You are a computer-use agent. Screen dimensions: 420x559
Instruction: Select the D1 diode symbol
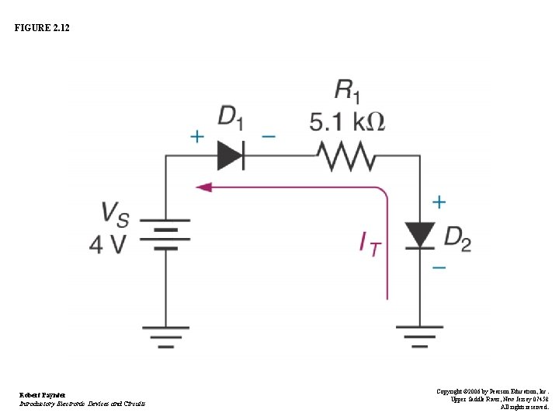[231, 155]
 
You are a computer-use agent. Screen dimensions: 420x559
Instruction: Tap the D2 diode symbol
[420, 235]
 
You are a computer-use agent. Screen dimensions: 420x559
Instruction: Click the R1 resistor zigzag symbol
[345, 156]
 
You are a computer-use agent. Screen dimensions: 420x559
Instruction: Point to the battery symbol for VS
[165, 234]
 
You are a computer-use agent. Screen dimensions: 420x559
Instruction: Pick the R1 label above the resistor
[346, 91]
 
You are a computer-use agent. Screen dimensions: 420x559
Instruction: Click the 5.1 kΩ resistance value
[346, 121]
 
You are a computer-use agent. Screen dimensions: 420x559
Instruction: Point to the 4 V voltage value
[108, 243]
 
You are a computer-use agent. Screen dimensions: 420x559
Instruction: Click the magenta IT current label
[370, 244]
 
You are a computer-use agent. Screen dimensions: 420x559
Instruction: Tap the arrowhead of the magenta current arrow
[203, 187]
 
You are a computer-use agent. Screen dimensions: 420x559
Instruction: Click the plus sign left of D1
[198, 136]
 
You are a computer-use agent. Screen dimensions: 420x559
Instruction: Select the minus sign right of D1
[268, 136]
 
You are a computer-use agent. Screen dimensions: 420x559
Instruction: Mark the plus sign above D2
[439, 202]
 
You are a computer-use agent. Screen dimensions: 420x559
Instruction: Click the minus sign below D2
[439, 268]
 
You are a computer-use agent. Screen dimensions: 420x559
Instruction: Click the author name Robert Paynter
[42, 395]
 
